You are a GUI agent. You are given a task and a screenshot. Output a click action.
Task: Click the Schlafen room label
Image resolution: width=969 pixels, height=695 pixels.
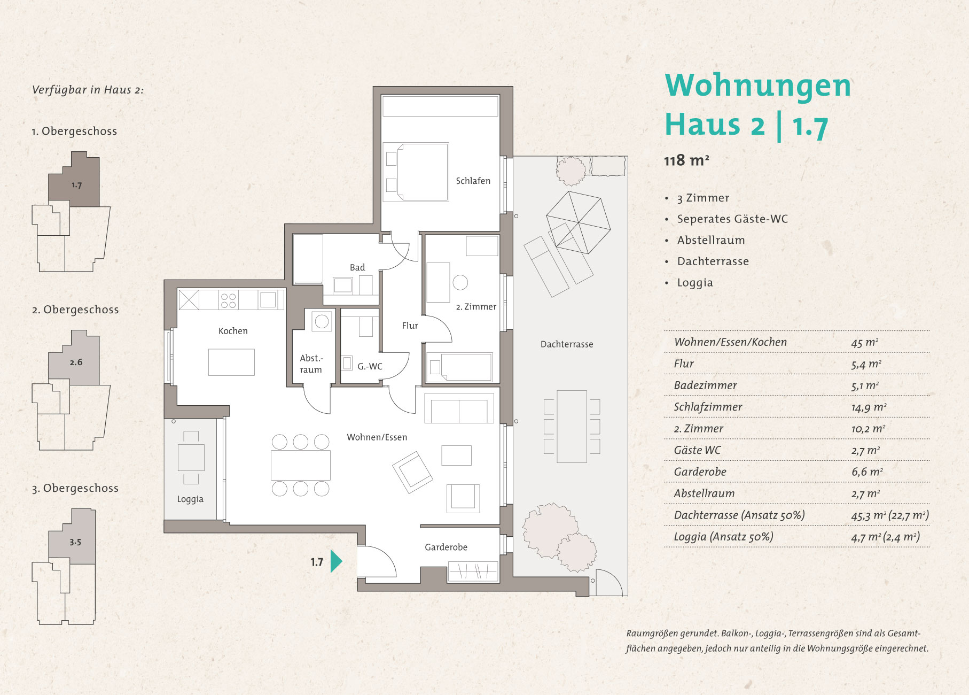473,181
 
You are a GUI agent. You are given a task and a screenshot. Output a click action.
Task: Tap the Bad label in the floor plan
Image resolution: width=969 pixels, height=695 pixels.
357,267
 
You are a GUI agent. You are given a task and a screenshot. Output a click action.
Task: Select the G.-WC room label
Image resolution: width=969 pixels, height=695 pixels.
370,366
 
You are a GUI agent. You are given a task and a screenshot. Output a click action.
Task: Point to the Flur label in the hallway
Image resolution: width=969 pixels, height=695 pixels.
410,325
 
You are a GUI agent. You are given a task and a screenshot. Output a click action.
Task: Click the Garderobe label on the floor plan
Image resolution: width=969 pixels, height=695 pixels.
446,547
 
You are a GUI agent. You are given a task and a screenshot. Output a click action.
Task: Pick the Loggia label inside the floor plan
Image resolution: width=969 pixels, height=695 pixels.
190,499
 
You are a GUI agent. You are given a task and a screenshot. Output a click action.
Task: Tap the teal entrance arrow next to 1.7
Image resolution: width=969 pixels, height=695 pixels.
336,561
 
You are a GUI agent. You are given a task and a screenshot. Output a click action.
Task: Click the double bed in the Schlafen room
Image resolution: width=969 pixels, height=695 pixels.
416,172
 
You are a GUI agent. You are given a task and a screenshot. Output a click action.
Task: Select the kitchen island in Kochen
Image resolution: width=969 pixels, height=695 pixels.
231,362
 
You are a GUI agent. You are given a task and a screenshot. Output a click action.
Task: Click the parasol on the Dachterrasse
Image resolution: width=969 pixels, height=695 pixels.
578,222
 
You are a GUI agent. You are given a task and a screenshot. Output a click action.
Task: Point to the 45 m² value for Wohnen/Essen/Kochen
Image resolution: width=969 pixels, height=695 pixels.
864,342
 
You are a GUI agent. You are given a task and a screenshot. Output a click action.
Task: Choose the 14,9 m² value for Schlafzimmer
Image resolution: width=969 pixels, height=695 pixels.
869,407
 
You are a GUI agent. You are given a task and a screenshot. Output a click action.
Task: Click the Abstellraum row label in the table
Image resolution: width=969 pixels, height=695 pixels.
704,493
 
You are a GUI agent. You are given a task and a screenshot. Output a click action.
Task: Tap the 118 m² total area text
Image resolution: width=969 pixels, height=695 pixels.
686,160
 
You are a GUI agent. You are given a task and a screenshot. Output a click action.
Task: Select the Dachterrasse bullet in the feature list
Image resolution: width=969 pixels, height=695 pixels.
713,261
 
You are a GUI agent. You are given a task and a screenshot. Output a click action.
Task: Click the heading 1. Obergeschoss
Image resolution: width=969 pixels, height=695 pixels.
74,132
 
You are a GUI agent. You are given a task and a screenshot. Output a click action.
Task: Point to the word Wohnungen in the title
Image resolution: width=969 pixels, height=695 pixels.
758,86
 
